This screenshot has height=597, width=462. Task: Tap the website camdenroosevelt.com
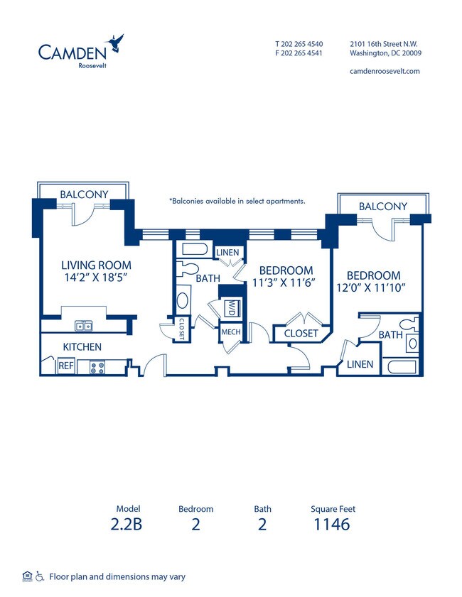[385, 71]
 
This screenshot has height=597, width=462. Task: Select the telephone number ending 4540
[299, 43]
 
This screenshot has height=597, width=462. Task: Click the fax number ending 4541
[299, 53]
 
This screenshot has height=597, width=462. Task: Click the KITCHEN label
[82, 347]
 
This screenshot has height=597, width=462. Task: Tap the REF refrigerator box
[66, 366]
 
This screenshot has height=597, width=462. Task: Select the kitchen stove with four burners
[97, 367]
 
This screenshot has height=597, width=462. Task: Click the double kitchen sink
[84, 326]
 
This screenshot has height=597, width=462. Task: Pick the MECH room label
[230, 332]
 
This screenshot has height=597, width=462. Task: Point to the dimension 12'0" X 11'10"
[374, 287]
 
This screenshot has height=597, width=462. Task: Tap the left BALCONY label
[84, 194]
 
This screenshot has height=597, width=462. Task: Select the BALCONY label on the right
[383, 206]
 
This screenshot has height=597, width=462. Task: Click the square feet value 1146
[332, 525]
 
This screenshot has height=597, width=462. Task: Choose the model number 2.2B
[128, 525]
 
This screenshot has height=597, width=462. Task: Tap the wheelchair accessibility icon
[40, 576]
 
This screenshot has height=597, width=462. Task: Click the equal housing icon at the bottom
[27, 576]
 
